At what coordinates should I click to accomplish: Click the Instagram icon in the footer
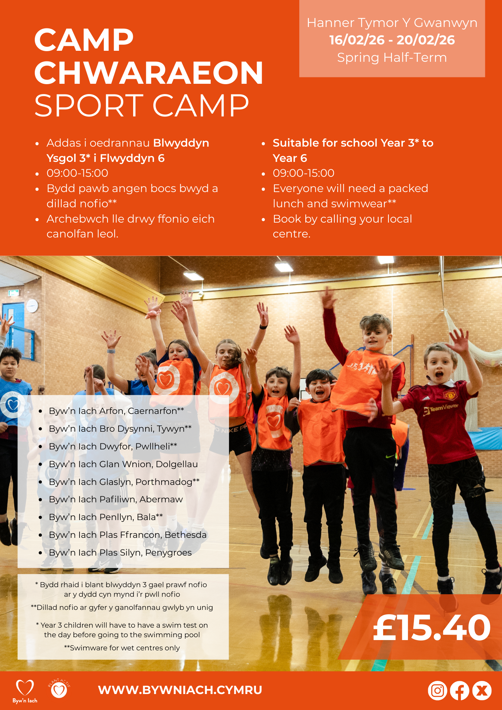click(x=437, y=690)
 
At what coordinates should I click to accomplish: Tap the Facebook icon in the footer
click(x=460, y=690)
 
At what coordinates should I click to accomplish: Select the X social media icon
click(x=482, y=690)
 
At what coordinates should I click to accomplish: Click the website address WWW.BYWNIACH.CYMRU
click(x=180, y=690)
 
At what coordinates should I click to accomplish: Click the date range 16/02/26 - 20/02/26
click(x=392, y=40)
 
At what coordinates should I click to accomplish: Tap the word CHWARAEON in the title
click(x=149, y=72)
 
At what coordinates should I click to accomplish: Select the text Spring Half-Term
click(x=392, y=58)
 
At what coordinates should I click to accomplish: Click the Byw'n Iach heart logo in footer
click(x=25, y=691)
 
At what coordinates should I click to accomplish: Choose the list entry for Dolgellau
click(x=123, y=464)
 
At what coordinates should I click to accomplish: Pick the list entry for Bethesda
click(x=127, y=535)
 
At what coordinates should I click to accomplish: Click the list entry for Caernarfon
click(x=116, y=411)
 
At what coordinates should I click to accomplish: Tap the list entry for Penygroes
click(x=120, y=552)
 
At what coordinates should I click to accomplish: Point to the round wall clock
click(x=32, y=306)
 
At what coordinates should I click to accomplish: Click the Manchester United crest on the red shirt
click(x=450, y=395)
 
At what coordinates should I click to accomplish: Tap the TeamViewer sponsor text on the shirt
click(x=441, y=409)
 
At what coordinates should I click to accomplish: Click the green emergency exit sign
click(x=14, y=293)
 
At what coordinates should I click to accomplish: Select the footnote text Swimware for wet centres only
click(x=122, y=648)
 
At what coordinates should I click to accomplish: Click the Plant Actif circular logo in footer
click(x=59, y=689)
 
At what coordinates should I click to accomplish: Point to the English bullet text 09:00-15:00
click(x=304, y=173)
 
